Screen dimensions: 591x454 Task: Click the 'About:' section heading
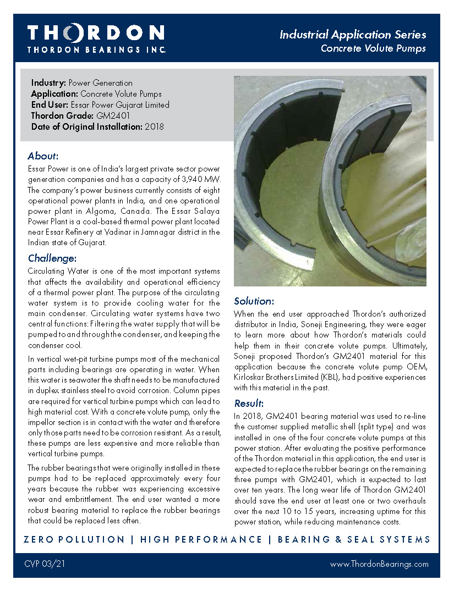coord(43,156)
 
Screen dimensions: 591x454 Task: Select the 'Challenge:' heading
coord(52,258)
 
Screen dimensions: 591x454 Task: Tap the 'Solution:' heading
coord(254,301)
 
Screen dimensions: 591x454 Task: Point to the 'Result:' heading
coord(249,403)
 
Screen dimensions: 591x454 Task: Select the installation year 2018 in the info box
coord(154,127)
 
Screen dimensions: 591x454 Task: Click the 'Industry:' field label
coord(48,83)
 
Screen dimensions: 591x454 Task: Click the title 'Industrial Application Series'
coord(353,35)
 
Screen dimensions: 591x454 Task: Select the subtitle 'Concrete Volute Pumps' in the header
coord(373,48)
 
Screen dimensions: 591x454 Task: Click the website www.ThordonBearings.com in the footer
coord(379,564)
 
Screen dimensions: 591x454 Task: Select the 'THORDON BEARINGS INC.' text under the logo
coord(96,49)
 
